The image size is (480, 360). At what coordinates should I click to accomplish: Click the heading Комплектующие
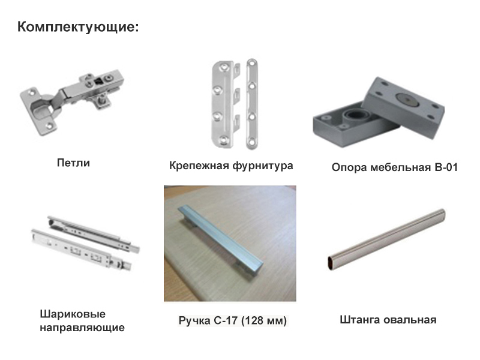[x=78, y=27]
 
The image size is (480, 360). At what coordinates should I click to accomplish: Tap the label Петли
[x=73, y=163]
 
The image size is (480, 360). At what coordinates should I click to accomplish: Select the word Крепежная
[x=199, y=166]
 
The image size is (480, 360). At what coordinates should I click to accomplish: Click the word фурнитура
[x=263, y=166]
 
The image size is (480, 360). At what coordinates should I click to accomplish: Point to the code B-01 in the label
[x=446, y=167]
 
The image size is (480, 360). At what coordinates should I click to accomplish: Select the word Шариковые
[x=73, y=314]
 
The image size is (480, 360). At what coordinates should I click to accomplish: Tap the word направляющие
[x=82, y=328]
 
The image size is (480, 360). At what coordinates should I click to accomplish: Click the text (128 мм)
[x=264, y=320]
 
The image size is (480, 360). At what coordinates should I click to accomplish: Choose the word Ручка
[x=194, y=321]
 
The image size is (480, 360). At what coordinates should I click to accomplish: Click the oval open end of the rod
[x=332, y=263]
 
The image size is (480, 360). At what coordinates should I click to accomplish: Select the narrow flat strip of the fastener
[x=251, y=104]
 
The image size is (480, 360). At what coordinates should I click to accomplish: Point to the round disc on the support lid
[x=408, y=100]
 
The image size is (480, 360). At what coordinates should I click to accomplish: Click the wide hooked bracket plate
[x=225, y=103]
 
